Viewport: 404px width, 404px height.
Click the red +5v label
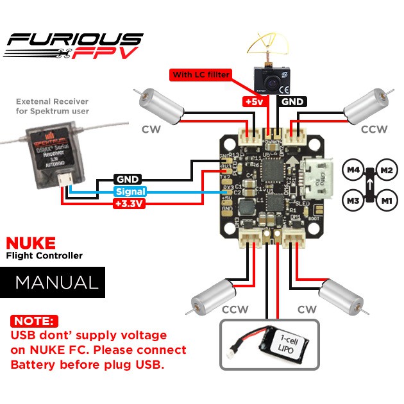coord(251,101)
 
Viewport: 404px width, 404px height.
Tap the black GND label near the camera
coord(292,101)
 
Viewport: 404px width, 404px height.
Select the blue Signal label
coord(130,191)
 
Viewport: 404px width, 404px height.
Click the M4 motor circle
coord(353,171)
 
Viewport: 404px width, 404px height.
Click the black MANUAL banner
coord(56,282)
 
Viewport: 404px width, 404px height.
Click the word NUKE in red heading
coord(30,243)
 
